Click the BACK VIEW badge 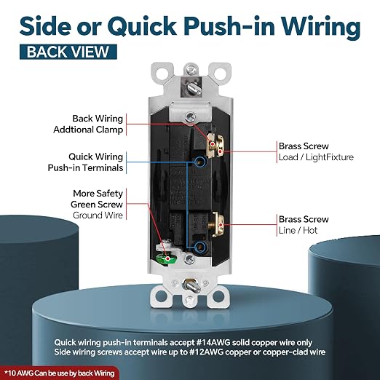[x=68, y=52]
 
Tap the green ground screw [x=167, y=258]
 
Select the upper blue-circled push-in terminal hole [x=200, y=162]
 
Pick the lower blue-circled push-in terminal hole [x=200, y=248]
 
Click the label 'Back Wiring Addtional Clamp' [x=88, y=124]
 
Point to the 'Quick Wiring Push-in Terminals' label [x=85, y=162]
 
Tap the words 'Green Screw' [x=97, y=205]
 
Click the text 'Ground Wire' [x=98, y=215]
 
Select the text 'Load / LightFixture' [x=316, y=157]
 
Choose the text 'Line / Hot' [x=298, y=230]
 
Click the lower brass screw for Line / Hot [x=218, y=224]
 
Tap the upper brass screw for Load [x=215, y=146]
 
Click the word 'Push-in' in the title [x=229, y=26]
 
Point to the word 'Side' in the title [x=46, y=25]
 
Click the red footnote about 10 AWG [x=60, y=373]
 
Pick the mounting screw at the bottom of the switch [x=191, y=285]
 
